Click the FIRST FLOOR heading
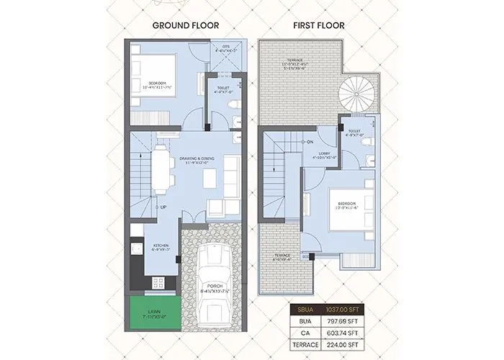(318, 25)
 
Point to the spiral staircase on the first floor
(357, 95)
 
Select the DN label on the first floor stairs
(310, 142)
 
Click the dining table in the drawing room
(162, 170)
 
